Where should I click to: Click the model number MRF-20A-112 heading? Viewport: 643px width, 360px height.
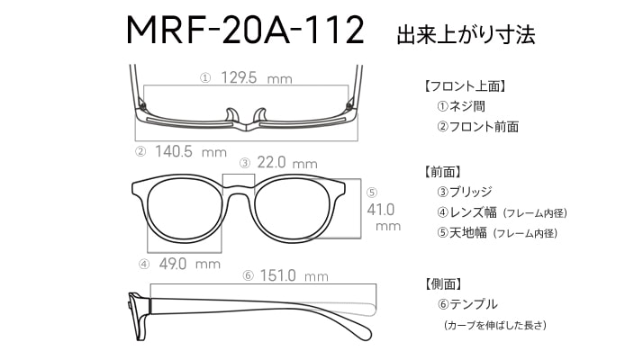tap(245, 31)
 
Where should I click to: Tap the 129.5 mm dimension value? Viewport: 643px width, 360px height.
tap(257, 77)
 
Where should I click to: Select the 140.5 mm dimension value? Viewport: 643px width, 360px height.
tap(191, 152)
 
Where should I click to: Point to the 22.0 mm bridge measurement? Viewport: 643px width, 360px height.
tap(287, 163)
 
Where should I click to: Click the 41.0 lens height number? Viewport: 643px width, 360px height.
tap(381, 210)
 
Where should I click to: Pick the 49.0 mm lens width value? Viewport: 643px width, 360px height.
tap(190, 264)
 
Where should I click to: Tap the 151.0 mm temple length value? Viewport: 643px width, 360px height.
tap(294, 275)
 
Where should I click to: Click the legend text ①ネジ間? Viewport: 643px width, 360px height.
tap(461, 106)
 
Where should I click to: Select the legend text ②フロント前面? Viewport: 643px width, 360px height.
tap(477, 127)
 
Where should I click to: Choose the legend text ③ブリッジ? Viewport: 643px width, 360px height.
tap(465, 192)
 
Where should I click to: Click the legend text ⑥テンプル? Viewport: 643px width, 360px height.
tap(467, 304)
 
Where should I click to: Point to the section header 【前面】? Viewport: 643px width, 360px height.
tap(442, 172)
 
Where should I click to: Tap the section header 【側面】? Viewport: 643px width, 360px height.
tap(442, 283)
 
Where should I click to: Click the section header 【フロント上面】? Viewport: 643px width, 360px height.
tap(465, 86)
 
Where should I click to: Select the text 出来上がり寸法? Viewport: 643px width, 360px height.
tap(466, 35)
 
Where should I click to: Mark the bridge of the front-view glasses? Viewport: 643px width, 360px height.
tap(239, 189)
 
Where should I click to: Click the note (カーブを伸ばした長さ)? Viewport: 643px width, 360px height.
tap(495, 325)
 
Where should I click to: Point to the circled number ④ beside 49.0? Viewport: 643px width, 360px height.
tap(144, 265)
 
